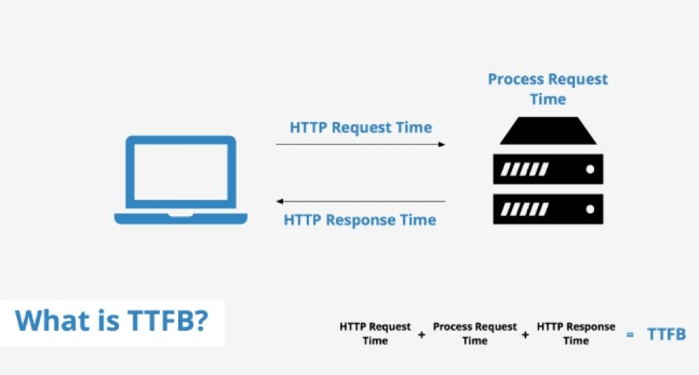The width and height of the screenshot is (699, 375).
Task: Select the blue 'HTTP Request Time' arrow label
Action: (360, 128)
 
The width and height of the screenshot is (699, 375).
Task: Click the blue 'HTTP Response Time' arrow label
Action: (359, 220)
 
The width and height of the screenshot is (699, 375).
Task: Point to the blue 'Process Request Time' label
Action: (548, 89)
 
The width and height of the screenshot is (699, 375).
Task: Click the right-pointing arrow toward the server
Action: (360, 145)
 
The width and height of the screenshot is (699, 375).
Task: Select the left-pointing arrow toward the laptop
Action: (360, 202)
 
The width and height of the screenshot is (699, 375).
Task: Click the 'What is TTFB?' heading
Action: (112, 321)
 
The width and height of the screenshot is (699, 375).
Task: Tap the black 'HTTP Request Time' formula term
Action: (375, 334)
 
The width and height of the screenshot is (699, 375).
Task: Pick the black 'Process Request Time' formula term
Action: (474, 334)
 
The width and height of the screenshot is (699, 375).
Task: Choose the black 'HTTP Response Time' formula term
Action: (576, 334)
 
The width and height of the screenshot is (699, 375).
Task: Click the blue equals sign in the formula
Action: (629, 334)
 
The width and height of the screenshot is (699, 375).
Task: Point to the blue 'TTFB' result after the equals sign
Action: (666, 334)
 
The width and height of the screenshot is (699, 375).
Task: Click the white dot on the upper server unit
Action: (590, 170)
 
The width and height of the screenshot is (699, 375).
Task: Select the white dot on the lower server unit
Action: (590, 210)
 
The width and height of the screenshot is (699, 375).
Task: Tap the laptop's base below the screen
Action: (180, 218)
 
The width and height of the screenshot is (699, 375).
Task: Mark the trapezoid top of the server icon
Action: (548, 133)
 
